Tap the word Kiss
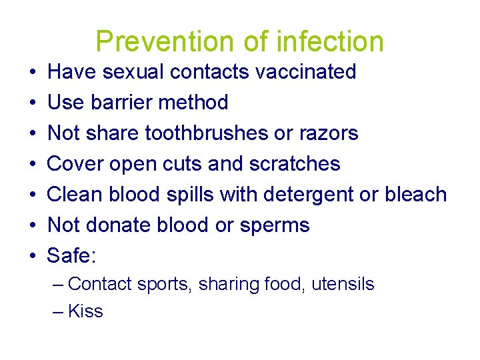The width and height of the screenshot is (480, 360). [x=85, y=311]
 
